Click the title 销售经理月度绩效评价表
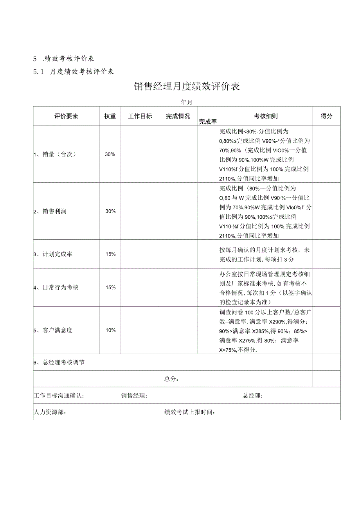pos(187,87)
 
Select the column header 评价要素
pos(66,116)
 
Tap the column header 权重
pos(110,116)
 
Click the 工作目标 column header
pos(140,116)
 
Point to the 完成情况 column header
pos(178,116)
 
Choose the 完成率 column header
pos(208,121)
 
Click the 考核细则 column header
pos(266,116)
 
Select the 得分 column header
pos(326,116)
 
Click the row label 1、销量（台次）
pos(54,154)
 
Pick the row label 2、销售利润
pos(50,211)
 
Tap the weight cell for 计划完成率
pos(110,254)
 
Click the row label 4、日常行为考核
pos(56,287)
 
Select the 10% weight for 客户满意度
pos(110,330)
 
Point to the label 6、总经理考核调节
pos(59,362)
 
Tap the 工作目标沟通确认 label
pos(59,396)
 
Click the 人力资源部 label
pos(50,412)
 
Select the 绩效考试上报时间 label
pos(190,412)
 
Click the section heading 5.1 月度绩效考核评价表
pos(74,72)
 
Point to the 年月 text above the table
pos(186,102)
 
